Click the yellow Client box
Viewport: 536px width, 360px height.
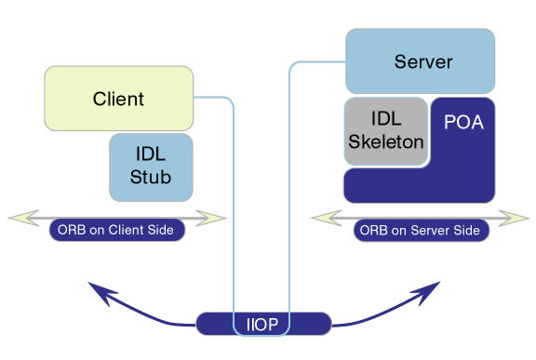[118, 99]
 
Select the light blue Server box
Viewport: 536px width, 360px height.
[420, 61]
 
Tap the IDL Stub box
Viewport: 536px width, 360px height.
[151, 167]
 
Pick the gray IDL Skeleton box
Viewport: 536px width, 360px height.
[386, 131]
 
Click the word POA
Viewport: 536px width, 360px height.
[463, 122]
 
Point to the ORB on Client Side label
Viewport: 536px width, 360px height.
[117, 230]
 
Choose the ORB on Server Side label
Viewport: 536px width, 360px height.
[422, 230]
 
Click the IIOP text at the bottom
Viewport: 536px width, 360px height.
[262, 324]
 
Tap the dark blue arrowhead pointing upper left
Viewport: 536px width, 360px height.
[101, 292]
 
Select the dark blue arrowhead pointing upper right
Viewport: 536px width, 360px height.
[426, 292]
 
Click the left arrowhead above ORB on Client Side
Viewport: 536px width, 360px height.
[23, 218]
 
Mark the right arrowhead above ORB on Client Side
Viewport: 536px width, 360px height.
[211, 218]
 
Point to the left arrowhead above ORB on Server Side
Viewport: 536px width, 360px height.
[326, 218]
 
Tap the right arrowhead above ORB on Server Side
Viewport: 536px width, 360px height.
[514, 218]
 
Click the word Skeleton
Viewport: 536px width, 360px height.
[386, 141]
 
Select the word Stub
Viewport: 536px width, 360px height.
[151, 177]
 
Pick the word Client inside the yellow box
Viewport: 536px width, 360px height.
[118, 99]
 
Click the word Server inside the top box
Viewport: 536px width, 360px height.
[423, 61]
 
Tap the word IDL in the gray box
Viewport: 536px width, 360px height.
[386, 119]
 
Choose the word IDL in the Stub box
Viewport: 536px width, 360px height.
[151, 154]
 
